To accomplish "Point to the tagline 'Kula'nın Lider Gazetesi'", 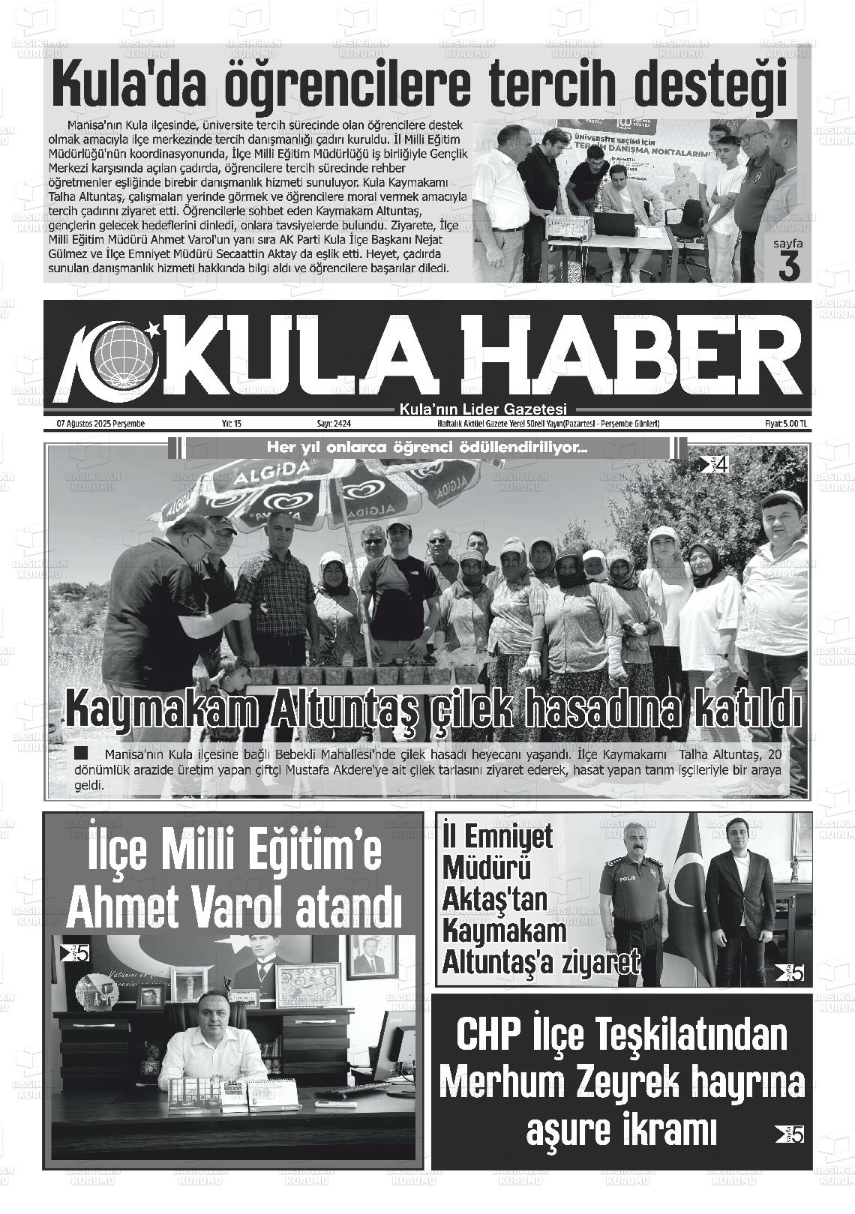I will click(x=484, y=409).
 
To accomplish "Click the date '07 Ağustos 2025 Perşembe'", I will click(x=100, y=424).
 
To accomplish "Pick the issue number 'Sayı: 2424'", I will click(x=334, y=424).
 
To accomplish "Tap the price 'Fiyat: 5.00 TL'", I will click(x=781, y=424).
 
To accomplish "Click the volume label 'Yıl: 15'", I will click(x=231, y=424).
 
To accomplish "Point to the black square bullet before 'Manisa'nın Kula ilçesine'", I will click(x=82, y=753).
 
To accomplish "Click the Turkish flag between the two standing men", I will click(x=686, y=900).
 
